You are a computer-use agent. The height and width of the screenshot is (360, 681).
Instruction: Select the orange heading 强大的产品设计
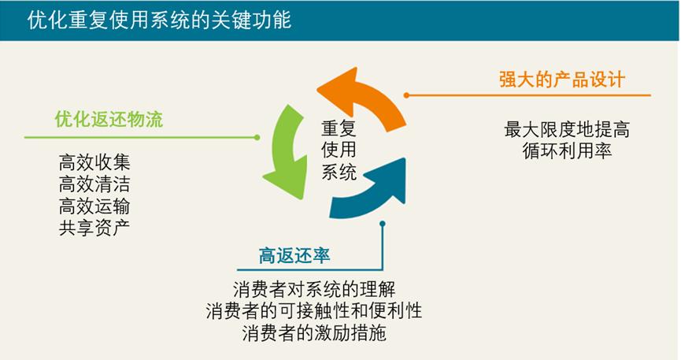[561, 80]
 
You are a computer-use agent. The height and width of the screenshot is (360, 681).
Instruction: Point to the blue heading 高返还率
[294, 256]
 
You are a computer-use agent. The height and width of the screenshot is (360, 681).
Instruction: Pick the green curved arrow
[284, 154]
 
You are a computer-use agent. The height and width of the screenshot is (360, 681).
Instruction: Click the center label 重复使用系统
[339, 150]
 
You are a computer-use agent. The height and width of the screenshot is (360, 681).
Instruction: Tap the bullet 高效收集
[94, 164]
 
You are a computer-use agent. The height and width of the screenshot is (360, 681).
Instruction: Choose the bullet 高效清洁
[94, 185]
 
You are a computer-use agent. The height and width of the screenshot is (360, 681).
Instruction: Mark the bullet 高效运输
[94, 206]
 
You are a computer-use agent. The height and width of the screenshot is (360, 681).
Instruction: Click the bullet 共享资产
[94, 228]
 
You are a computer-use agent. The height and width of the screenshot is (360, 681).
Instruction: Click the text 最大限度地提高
[567, 128]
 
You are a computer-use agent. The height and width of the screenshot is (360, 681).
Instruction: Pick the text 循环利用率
[567, 150]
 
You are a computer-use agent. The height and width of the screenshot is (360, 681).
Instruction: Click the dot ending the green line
[257, 137]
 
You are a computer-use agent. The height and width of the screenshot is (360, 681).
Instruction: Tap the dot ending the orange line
[406, 95]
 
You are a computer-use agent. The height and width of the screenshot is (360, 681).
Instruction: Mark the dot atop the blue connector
[382, 223]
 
